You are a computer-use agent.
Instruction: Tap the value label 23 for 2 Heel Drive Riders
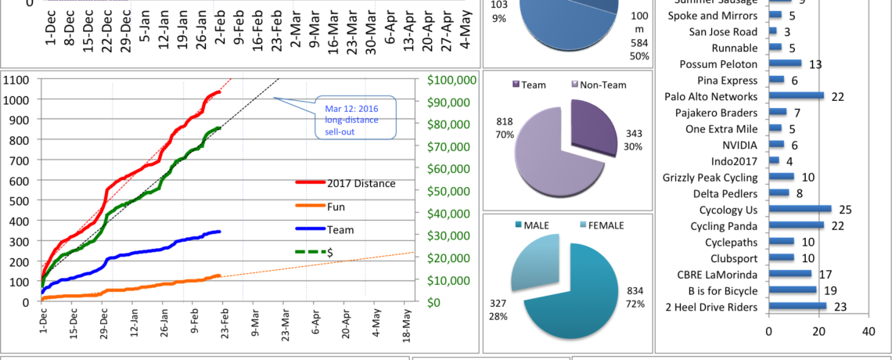point(840,308)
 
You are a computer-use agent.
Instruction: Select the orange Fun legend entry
point(335,207)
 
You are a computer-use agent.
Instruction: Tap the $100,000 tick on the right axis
point(451,80)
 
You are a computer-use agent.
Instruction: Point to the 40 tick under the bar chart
point(869,331)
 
